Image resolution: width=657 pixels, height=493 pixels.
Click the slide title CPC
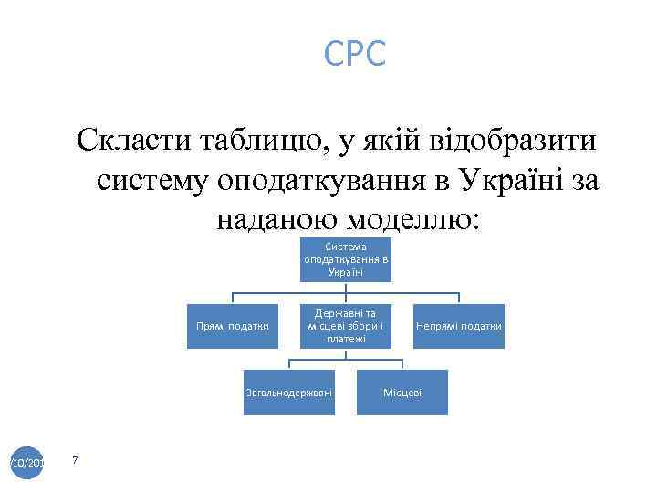point(355,54)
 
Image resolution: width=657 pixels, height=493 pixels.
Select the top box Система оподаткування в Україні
point(346,259)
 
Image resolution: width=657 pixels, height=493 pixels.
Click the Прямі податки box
point(233,327)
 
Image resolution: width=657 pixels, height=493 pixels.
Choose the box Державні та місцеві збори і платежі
point(346,326)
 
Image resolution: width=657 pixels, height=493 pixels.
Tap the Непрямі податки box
point(458,327)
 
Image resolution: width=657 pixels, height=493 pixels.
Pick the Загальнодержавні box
point(289,393)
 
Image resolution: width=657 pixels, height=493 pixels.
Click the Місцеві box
point(401,393)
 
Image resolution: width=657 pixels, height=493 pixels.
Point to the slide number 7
point(75,460)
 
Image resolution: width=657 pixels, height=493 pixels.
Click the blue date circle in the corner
point(26,463)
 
